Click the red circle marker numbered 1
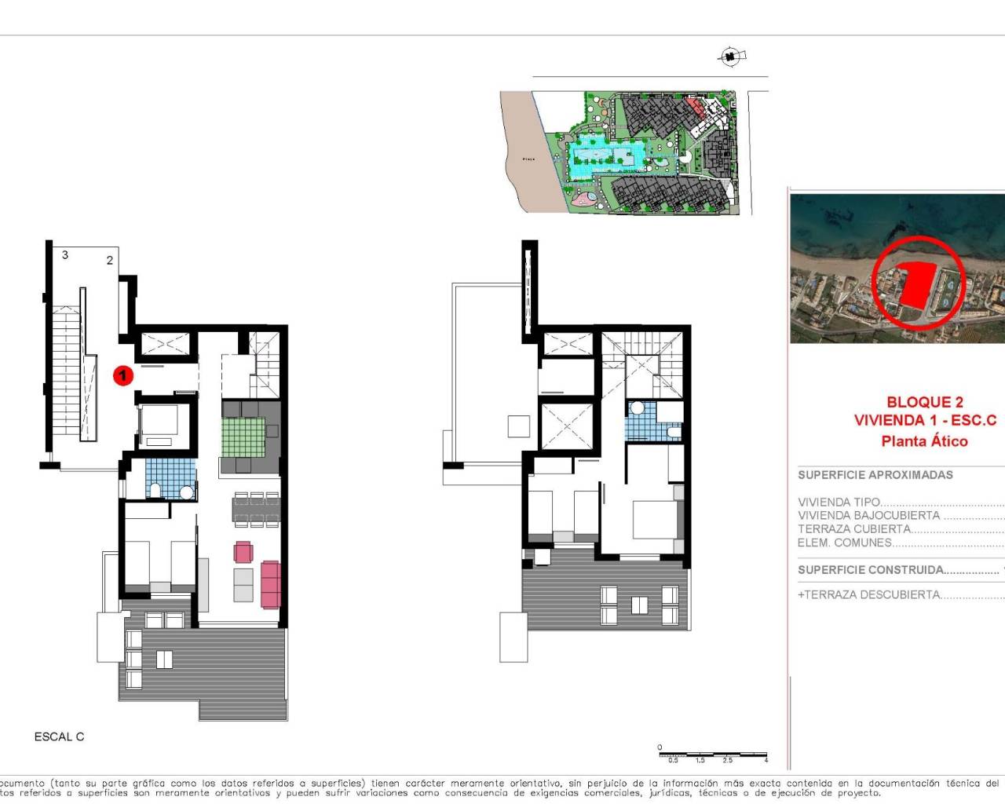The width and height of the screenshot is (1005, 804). [x=122, y=375]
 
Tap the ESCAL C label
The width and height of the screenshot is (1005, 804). [x=59, y=736]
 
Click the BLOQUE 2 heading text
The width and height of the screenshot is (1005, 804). [x=924, y=402]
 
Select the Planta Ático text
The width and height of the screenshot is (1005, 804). [x=924, y=441]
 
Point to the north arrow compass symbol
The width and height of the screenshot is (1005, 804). [x=731, y=56]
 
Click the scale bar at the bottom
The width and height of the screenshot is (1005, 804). [x=712, y=755]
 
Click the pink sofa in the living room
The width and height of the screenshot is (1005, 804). [x=270, y=584]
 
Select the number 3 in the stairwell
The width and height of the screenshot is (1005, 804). [x=65, y=254]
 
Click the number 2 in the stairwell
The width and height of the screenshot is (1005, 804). [x=110, y=260]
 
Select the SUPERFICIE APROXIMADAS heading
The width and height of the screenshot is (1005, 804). [x=875, y=475]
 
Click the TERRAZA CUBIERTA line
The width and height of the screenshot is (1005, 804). [x=854, y=529]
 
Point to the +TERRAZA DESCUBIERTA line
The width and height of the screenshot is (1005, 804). [x=869, y=594]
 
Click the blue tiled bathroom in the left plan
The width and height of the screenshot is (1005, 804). [x=170, y=478]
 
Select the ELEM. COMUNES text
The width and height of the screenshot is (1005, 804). [x=845, y=543]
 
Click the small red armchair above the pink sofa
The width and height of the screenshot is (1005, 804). [x=243, y=552]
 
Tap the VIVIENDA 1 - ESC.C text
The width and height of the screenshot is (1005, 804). [x=924, y=421]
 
